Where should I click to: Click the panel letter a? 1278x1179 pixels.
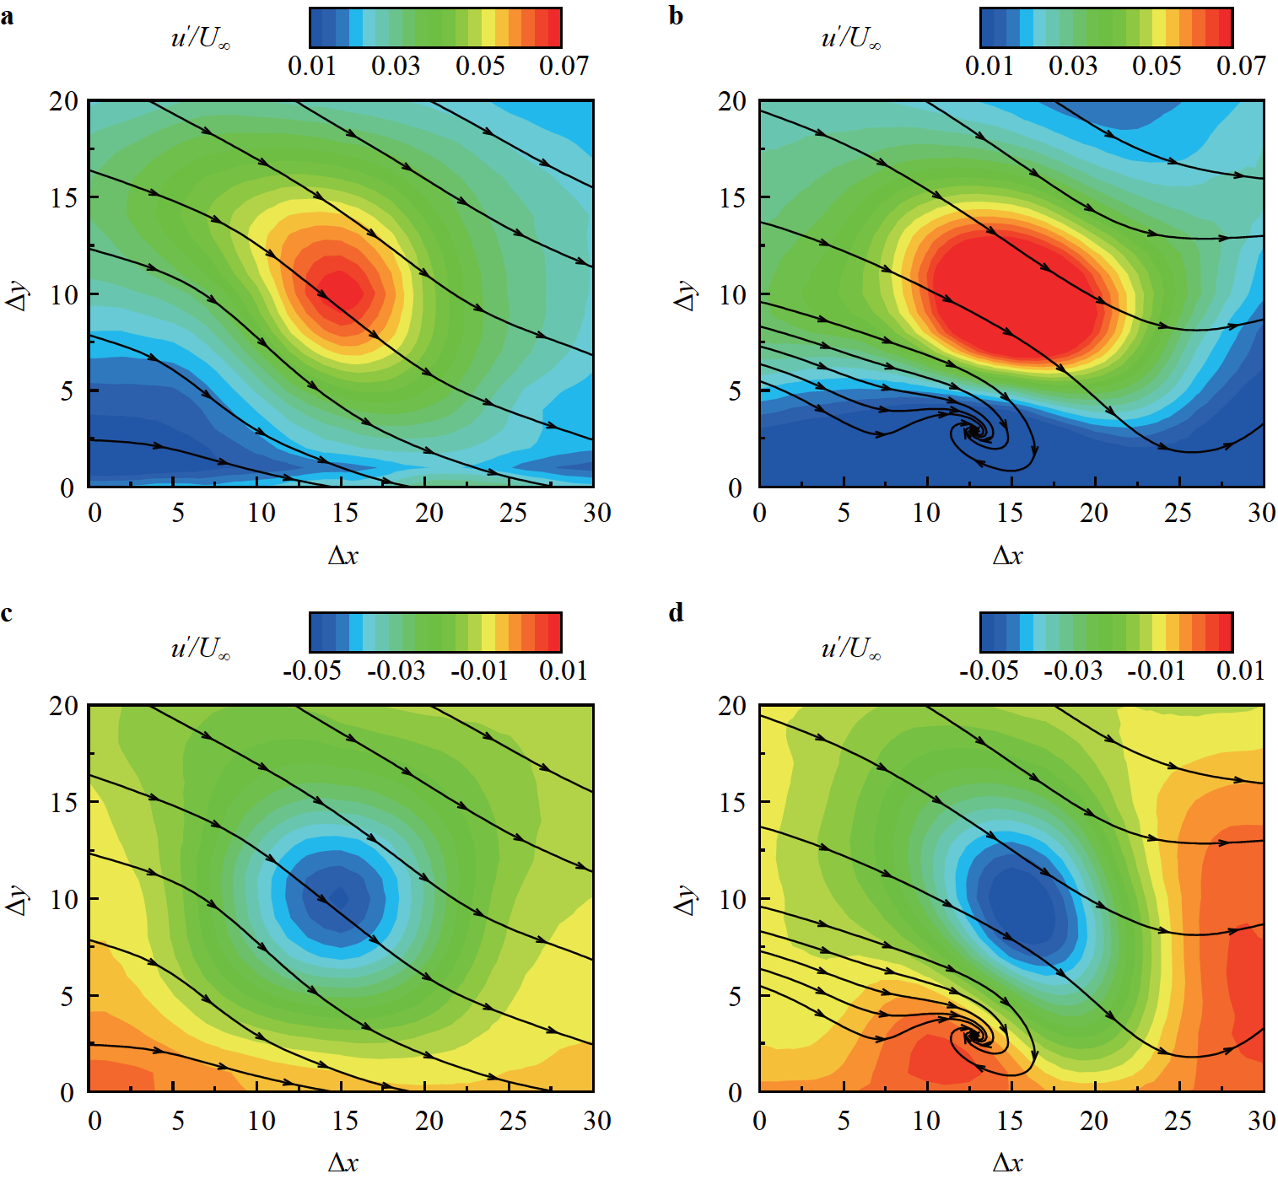pos(8,15)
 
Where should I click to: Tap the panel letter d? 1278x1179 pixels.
pos(676,612)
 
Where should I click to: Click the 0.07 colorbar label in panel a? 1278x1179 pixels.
pos(564,66)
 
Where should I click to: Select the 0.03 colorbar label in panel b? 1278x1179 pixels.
pos(1073,66)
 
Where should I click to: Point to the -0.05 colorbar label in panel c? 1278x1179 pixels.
pos(312,670)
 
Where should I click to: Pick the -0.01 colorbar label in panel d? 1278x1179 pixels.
pos(1157,670)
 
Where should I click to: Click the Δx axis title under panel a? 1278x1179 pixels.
pos(342,555)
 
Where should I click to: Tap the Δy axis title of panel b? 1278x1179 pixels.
pos(686,295)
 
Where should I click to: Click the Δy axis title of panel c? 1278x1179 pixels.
pos(17,900)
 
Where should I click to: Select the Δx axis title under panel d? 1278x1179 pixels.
pos(1007,1162)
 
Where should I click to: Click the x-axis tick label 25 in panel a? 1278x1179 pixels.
pos(513,513)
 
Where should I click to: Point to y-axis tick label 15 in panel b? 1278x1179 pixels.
pos(732,198)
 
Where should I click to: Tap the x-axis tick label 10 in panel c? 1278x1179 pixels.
pos(262,1121)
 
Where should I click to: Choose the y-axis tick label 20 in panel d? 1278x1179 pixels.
pos(732,706)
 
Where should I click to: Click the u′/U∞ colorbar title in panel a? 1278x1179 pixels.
pos(201,38)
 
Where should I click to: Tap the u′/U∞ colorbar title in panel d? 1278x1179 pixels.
pos(851,648)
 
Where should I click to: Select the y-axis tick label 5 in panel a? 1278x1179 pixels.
pos(66,391)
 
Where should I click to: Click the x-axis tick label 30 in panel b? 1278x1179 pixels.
pos(1261,513)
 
